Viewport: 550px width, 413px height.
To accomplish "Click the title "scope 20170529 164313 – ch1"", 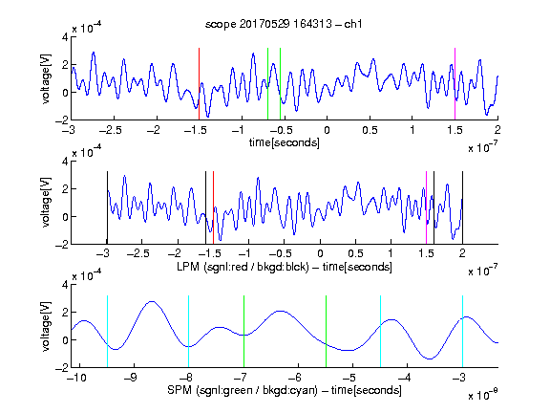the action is (284, 24).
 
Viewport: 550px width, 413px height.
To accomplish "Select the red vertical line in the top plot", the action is (199, 84).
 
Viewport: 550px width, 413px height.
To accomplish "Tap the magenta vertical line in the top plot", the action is (455, 84).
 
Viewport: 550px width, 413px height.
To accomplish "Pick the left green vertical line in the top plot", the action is (267, 84).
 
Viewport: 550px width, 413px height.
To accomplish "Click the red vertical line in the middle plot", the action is (213, 207).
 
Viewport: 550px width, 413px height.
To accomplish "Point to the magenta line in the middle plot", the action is (426, 207).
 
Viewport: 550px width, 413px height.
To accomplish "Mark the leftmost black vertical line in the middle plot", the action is (107, 207).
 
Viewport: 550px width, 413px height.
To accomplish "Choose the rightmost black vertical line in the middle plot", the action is (462, 207).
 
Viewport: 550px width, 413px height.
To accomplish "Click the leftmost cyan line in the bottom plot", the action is (107, 332).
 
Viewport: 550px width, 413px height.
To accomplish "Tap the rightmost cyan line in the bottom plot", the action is (462, 332).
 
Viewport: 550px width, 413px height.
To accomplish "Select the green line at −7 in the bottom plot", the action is (243, 332).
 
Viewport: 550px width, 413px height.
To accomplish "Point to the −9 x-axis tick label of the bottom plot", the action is (131, 378).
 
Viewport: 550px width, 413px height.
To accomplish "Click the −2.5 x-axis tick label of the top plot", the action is (110, 130).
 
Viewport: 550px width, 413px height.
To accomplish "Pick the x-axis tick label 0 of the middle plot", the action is (320, 253).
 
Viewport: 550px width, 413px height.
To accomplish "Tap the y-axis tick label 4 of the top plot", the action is (65, 37).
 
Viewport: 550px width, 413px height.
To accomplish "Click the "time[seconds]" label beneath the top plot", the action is (285, 142).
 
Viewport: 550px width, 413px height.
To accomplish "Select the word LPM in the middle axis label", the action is (188, 267).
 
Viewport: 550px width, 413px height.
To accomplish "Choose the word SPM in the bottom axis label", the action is (180, 390).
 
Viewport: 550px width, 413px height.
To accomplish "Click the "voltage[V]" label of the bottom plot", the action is (46, 326).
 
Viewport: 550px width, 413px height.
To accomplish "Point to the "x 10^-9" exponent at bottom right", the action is (482, 395).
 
